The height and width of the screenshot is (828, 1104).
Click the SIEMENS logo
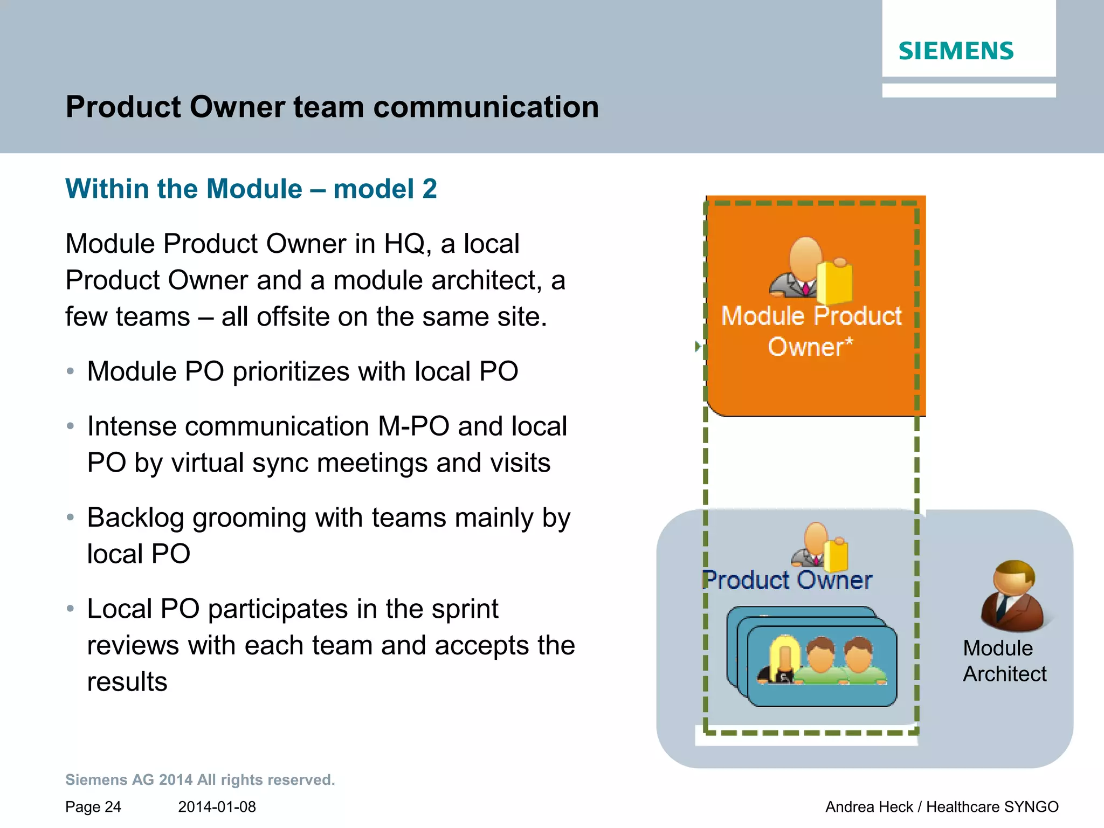tap(956, 51)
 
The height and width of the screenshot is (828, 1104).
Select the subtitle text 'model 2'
tap(385, 189)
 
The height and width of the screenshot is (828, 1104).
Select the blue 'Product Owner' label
tap(788, 580)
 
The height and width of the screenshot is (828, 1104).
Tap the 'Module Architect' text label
tap(1004, 661)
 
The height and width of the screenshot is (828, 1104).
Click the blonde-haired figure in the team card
tap(782, 661)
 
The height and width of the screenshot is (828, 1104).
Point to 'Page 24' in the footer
tap(93, 807)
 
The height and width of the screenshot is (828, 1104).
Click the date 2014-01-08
tap(217, 807)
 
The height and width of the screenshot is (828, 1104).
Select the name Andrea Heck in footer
tap(869, 807)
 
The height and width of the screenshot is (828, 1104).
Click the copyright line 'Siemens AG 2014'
tap(200, 779)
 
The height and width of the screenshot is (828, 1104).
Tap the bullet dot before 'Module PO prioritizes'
tap(70, 371)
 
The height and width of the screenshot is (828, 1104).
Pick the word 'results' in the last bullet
tap(127, 682)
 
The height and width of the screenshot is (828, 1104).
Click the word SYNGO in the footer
tap(1031, 807)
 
